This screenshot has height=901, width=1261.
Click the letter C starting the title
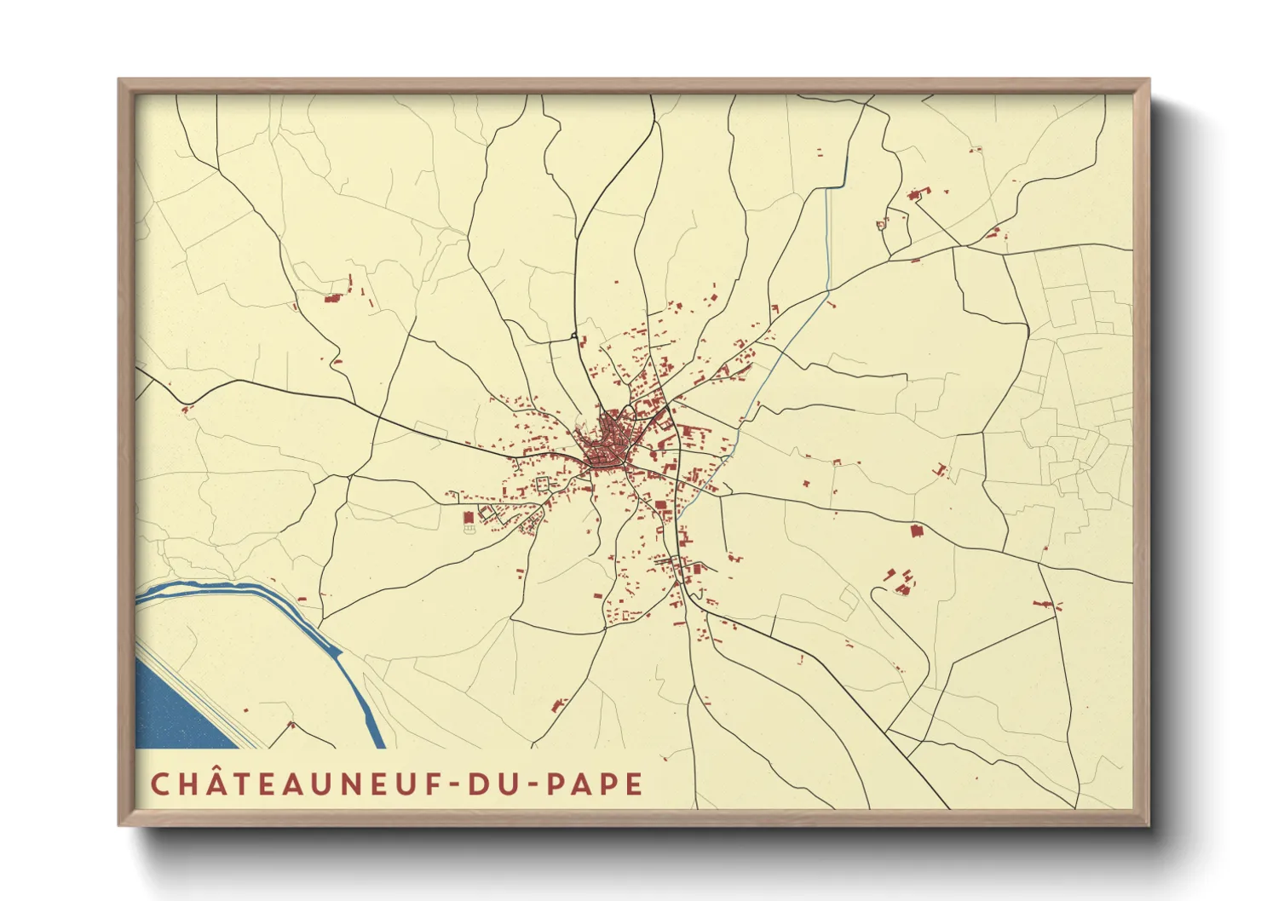point(158,784)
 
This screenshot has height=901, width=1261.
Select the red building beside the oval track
point(468,517)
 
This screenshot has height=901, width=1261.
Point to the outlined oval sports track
point(468,531)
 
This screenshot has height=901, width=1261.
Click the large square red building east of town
point(917,531)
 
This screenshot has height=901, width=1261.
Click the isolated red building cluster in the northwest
point(333,298)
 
